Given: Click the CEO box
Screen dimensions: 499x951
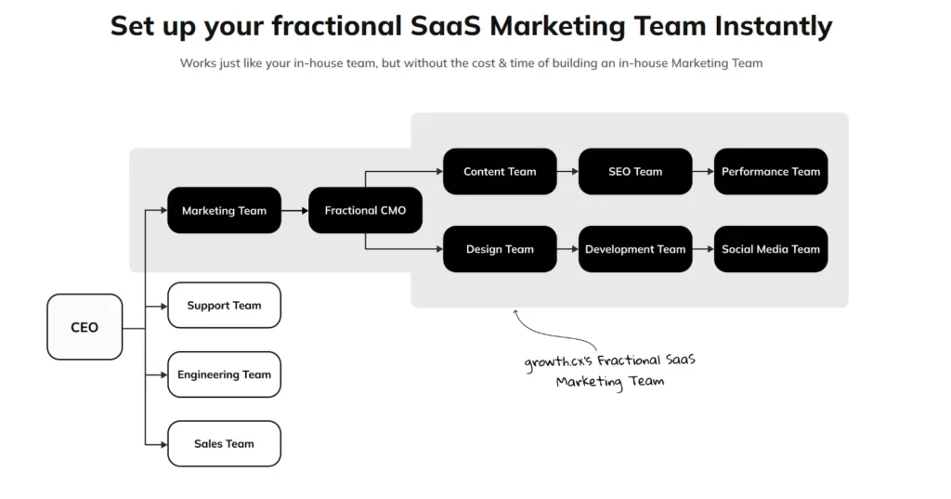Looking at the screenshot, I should [x=85, y=327].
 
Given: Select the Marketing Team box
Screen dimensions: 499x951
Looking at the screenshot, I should [x=224, y=210].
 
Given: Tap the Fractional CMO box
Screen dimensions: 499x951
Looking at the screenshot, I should [x=365, y=210].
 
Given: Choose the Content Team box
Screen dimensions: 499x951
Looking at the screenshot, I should [x=500, y=171].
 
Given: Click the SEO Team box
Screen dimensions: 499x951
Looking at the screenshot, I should [x=635, y=171].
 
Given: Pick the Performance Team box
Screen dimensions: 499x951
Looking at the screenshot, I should [x=771, y=171].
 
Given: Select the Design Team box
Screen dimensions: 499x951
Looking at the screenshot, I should [x=500, y=249].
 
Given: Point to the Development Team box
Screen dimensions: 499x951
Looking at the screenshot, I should [x=635, y=249].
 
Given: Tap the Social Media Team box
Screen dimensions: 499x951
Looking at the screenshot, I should [x=771, y=249].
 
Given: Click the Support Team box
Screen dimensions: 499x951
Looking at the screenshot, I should [x=224, y=306].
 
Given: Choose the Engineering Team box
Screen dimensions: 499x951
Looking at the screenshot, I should [x=224, y=374].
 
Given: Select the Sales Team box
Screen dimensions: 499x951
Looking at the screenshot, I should [x=224, y=443].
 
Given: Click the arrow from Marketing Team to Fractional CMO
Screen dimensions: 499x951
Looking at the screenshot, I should [x=294, y=211].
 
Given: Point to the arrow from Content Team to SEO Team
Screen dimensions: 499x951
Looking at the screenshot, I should [x=567, y=172].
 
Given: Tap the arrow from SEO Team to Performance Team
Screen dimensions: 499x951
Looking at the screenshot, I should [x=703, y=172].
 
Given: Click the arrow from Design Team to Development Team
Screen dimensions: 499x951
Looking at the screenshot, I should [x=567, y=249].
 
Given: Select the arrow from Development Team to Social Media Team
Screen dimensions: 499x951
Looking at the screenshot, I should [x=703, y=249].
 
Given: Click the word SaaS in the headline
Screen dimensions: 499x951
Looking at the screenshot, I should [x=447, y=25].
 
